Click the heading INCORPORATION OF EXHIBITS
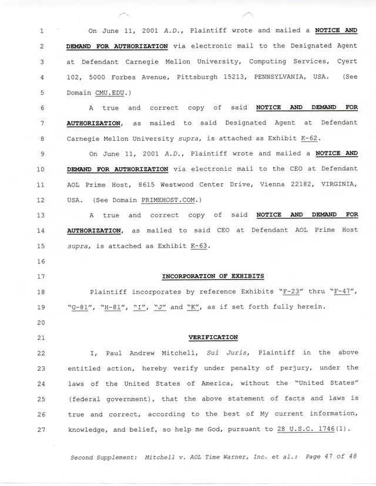pyautogui.click(x=213, y=276)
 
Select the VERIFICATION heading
pyautogui.click(x=213, y=338)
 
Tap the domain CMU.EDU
pyautogui.click(x=109, y=93)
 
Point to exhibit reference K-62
pyautogui.click(x=318, y=139)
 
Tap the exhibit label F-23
pyautogui.click(x=292, y=291)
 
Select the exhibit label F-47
pyautogui.click(x=343, y=291)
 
